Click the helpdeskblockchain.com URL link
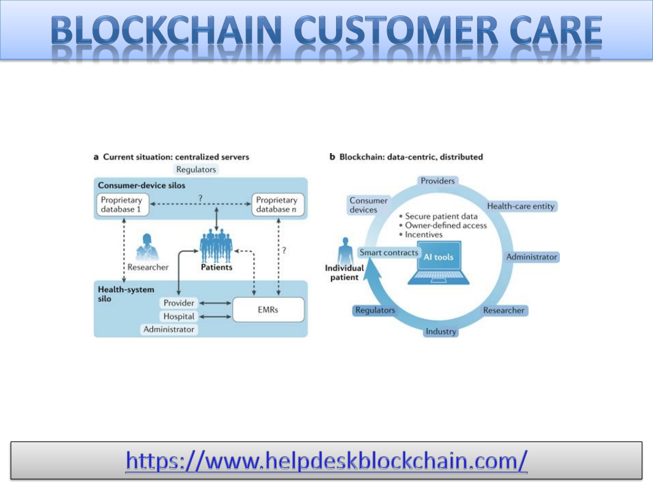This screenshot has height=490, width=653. pyautogui.click(x=326, y=461)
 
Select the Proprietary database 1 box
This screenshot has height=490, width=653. pyautogui.click(x=122, y=205)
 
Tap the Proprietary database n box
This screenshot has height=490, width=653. pyautogui.click(x=278, y=205)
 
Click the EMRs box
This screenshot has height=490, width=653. pyautogui.click(x=268, y=309)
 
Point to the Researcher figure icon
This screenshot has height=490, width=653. pyautogui.click(x=147, y=247)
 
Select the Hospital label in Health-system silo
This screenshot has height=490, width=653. pyautogui.click(x=179, y=316)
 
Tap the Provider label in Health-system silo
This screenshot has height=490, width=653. pyautogui.click(x=179, y=303)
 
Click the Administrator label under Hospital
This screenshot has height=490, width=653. pyautogui.click(x=168, y=329)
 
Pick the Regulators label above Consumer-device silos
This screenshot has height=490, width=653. pyautogui.click(x=196, y=169)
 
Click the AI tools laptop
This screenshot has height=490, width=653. pyautogui.click(x=439, y=263)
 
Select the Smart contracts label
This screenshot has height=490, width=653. pyautogui.click(x=388, y=253)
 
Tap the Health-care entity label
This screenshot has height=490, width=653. pyautogui.click(x=520, y=206)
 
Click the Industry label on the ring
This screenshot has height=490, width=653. pyautogui.click(x=441, y=332)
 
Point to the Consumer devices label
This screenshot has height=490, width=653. pyautogui.click(x=368, y=205)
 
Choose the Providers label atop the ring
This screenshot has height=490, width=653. pyautogui.click(x=437, y=181)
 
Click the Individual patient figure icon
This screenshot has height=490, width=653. pyautogui.click(x=345, y=251)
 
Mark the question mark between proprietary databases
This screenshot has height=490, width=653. pyautogui.click(x=200, y=198)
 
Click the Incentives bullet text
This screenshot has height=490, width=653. pyautogui.click(x=423, y=235)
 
